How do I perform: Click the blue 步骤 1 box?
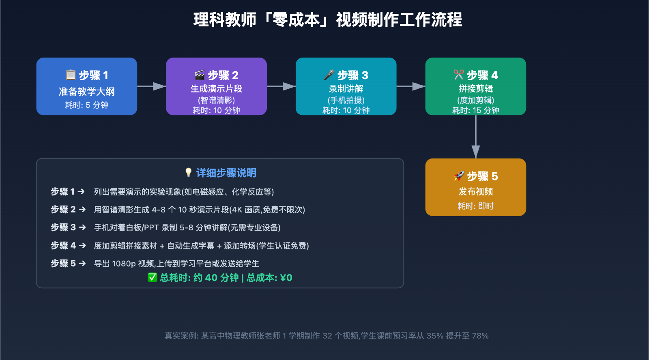[86, 86]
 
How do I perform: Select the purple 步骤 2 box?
[216, 86]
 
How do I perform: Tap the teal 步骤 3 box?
[346, 86]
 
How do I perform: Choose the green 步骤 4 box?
[475, 86]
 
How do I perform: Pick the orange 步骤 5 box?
[475, 187]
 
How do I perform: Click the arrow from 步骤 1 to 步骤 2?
[152, 86]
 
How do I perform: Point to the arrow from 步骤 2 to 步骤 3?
[281, 86]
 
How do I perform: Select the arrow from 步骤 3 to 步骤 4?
[411, 86]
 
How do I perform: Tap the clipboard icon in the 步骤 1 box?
[71, 75]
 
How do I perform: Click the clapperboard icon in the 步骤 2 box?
[200, 75]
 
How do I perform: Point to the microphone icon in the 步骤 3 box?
[329, 75]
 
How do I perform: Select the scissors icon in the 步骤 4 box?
[459, 75]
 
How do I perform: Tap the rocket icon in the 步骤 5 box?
[459, 176]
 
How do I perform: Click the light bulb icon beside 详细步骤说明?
[188, 173]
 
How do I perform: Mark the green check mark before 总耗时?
[152, 278]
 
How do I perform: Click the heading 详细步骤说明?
[226, 173]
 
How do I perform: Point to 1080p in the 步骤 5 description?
[124, 264]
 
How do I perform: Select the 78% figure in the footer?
[480, 336]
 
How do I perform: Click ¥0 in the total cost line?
[286, 278]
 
